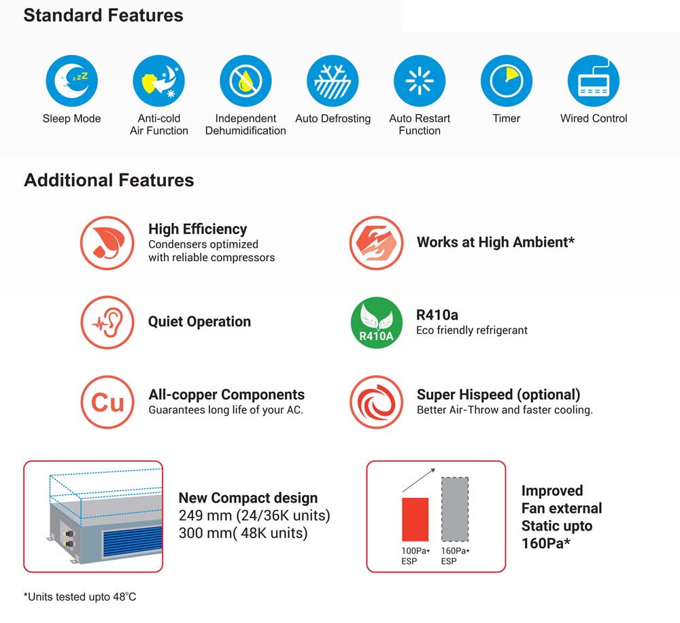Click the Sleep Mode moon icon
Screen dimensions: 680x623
tap(72, 81)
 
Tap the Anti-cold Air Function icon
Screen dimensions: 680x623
tap(158, 81)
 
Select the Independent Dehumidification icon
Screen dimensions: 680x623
tap(245, 81)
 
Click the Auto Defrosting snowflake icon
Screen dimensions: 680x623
tap(333, 81)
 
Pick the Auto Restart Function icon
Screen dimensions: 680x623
tap(420, 81)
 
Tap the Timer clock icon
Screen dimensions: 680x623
tap(507, 81)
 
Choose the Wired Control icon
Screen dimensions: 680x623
tap(594, 81)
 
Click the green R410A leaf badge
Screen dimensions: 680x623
tap(377, 322)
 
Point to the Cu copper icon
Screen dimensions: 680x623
tap(107, 402)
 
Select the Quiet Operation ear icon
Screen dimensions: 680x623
tap(107, 322)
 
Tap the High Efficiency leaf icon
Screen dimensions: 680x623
tap(107, 243)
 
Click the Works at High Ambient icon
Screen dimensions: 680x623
tap(377, 243)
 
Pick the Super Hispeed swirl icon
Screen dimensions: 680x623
tap(377, 402)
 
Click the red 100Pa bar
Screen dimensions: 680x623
tap(415, 520)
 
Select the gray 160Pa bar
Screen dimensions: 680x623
tap(455, 509)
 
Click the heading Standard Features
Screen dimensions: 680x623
tap(103, 15)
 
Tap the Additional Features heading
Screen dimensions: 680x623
tap(109, 180)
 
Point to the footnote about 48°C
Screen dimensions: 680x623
tap(80, 597)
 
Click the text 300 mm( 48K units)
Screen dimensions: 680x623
tap(243, 533)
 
